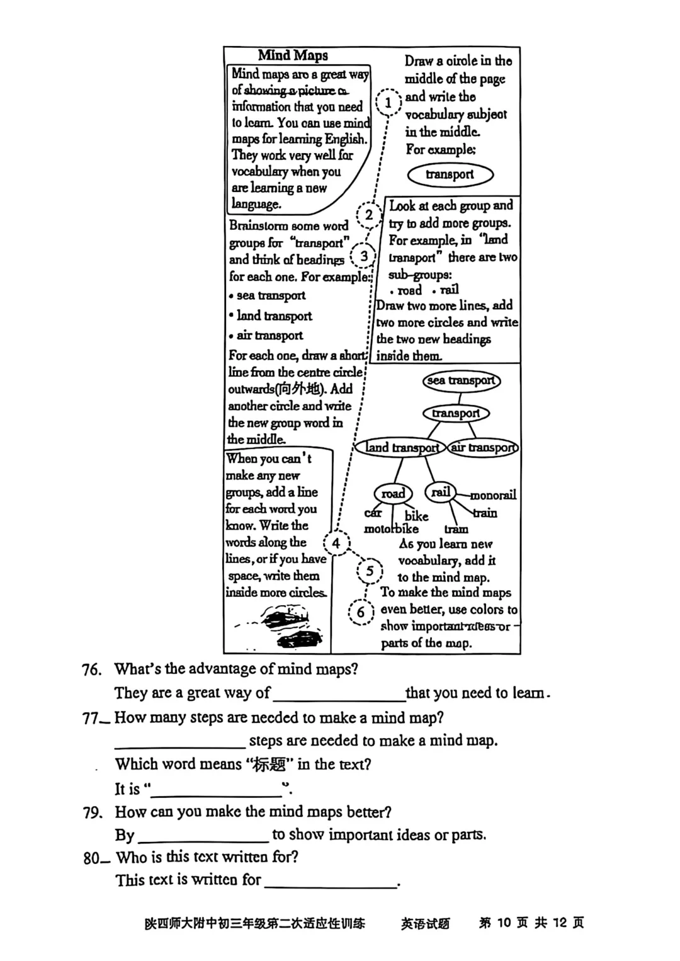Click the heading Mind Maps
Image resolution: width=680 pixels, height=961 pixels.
(293, 55)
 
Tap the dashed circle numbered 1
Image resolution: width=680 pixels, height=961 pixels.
(388, 102)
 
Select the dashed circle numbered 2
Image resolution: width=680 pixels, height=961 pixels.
(369, 215)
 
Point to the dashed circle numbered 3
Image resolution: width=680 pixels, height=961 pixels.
(364, 256)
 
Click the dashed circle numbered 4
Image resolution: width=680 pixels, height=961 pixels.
(336, 543)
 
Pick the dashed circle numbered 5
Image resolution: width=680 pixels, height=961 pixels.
(370, 571)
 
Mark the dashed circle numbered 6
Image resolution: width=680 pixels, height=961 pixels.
(361, 612)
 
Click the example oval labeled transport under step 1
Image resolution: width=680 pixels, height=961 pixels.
(450, 174)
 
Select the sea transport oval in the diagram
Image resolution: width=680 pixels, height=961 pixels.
(461, 380)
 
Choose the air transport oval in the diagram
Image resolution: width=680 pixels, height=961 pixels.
(484, 448)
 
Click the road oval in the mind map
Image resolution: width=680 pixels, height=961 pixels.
(393, 494)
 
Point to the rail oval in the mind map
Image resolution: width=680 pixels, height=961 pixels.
(441, 492)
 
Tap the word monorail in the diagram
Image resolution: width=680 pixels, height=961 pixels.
(493, 495)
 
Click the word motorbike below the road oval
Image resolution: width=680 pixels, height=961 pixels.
(391, 529)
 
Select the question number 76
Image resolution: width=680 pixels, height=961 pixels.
(92, 669)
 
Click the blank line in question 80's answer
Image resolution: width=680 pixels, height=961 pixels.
(331, 881)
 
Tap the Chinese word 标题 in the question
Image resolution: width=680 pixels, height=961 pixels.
(269, 765)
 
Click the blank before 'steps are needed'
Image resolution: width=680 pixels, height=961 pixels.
(179, 742)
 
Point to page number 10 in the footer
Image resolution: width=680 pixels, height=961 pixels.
(503, 923)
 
